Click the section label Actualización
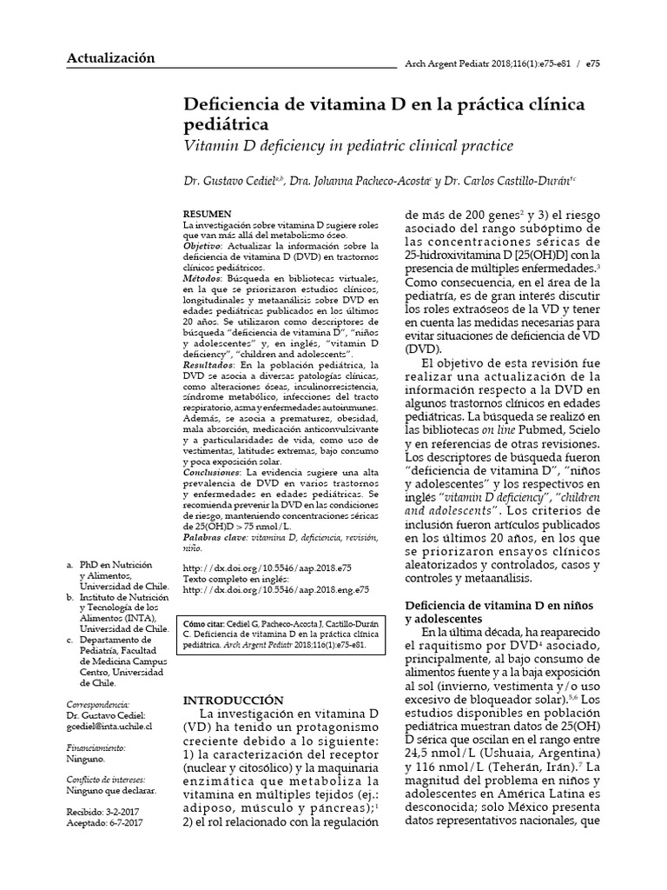tap(110, 58)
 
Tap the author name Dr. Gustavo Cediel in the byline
tap(226, 182)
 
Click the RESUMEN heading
tap(208, 214)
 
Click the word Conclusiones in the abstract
tap(213, 471)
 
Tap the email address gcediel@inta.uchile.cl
tap(109, 725)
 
